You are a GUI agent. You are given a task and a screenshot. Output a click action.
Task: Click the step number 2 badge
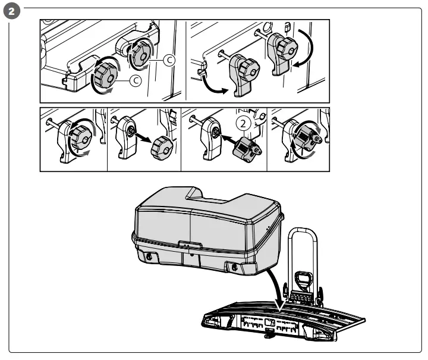(13, 11)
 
